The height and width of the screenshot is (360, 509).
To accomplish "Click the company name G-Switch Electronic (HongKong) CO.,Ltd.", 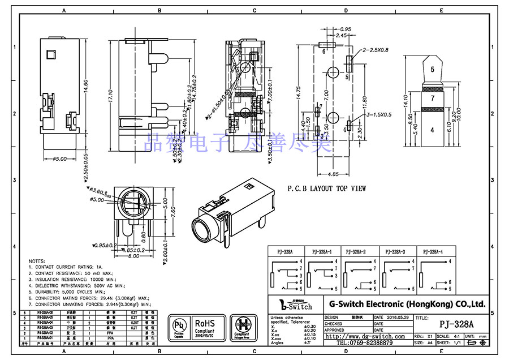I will click(x=404, y=304).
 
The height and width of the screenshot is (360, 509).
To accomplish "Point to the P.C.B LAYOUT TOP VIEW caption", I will click(x=326, y=188).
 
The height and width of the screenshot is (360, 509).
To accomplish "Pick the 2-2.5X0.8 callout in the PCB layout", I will click(x=376, y=50).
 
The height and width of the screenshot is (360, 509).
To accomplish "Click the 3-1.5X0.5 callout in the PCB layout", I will click(x=378, y=115).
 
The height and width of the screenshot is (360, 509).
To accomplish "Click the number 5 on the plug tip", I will click(x=432, y=70).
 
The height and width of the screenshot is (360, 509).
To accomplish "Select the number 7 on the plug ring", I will click(x=432, y=98).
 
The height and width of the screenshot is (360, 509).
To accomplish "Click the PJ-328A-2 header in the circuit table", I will click(x=356, y=251).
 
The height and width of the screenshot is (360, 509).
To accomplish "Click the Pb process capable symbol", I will click(x=179, y=327).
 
